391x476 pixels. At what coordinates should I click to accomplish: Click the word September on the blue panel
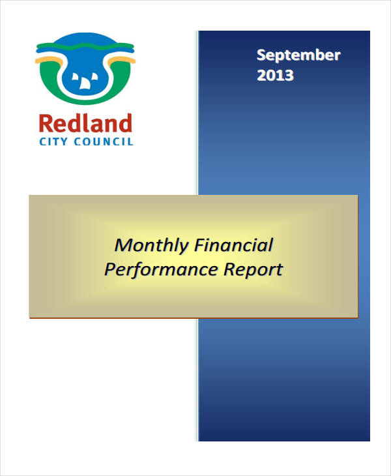coord(298,55)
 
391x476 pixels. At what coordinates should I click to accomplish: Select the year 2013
coord(275,75)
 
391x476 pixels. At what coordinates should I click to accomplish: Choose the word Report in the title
coord(253,269)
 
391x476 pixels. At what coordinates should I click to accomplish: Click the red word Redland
coord(85,123)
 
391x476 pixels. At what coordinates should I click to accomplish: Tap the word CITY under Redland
coord(53,141)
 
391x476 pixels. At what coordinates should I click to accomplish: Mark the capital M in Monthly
coord(122,246)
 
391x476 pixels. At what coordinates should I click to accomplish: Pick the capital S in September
coord(261,55)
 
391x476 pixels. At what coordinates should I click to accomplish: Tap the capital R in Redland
coord(46,123)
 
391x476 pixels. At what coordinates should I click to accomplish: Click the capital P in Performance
coord(110,269)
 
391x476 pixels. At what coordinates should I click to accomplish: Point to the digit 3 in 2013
coord(288,75)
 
